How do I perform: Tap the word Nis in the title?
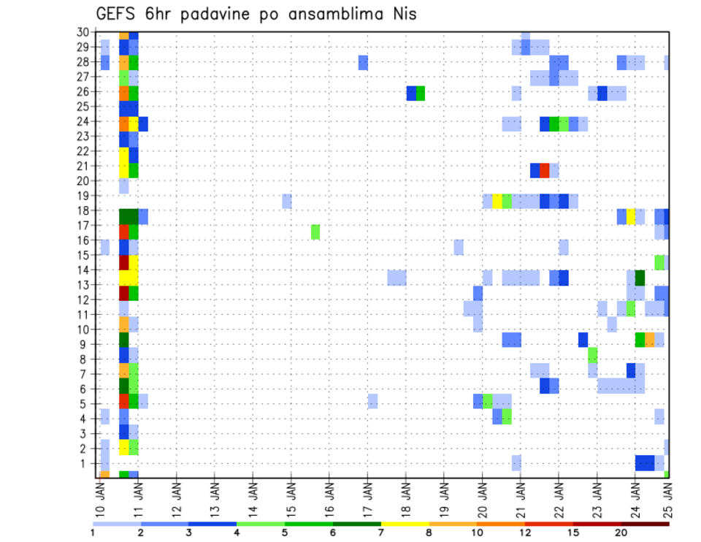tap(401, 14)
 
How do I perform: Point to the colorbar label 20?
tap(621, 533)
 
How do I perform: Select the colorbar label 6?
tap(332, 533)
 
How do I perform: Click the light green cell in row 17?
tap(315, 232)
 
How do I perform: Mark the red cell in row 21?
tap(545, 170)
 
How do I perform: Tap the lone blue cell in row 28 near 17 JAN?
tap(363, 62)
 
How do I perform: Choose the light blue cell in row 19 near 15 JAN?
tap(287, 201)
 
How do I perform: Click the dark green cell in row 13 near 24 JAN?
tap(640, 278)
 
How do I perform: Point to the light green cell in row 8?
tap(592, 355)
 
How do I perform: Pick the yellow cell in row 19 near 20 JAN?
tap(497, 201)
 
